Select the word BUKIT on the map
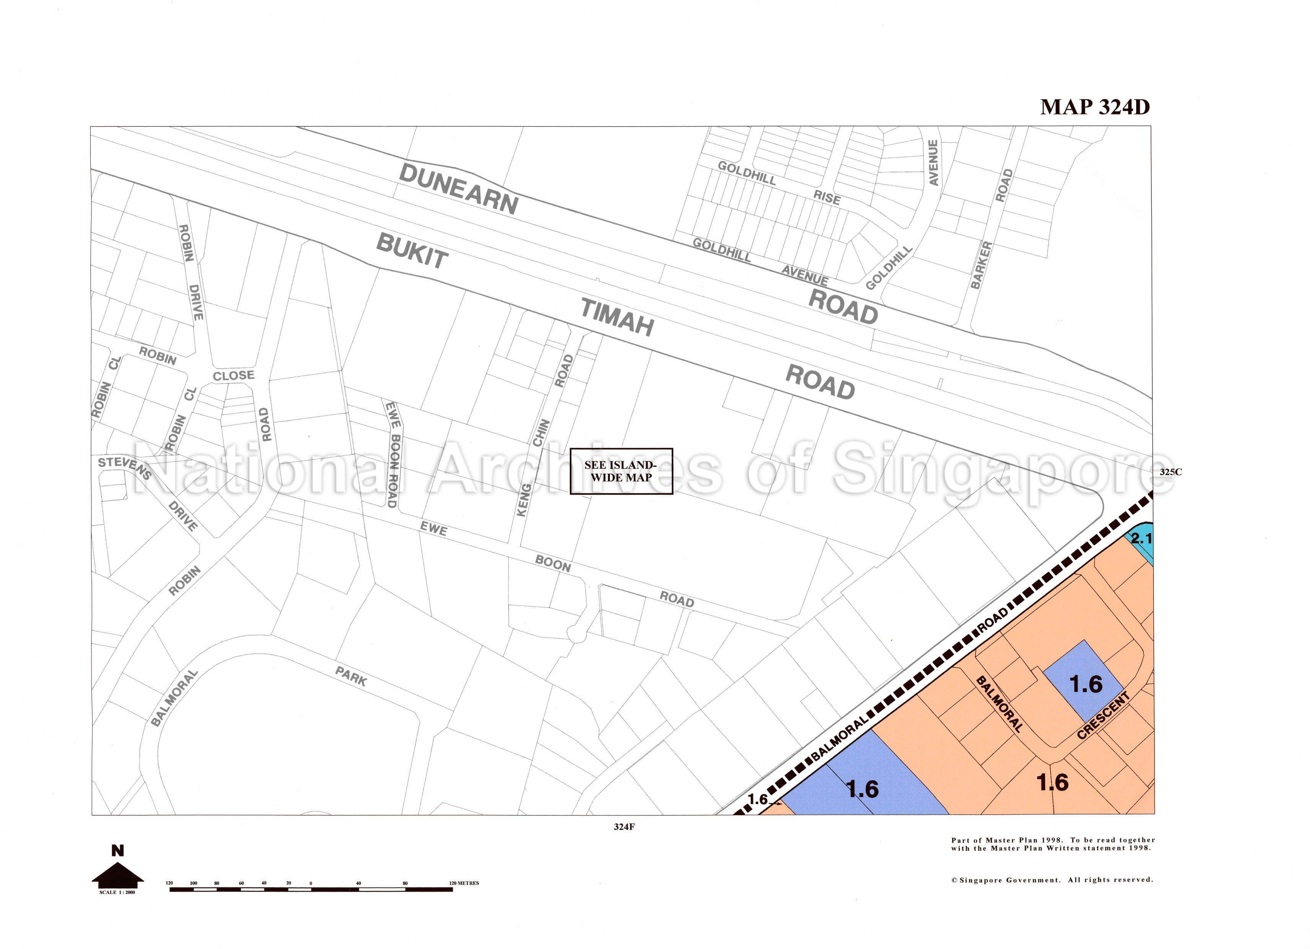pos(412,251)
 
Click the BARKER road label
pos(981,265)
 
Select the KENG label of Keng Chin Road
pos(523,500)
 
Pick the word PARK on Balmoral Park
pos(351,676)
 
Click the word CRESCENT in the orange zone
pos(1103,715)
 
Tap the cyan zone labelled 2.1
pos(1141,540)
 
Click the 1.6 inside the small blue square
pos(1086,684)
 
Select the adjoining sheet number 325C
pos(1170,471)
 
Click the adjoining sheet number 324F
pos(624,827)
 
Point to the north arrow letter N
pos(117,850)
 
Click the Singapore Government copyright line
pos(1052,880)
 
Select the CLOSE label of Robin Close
pos(233,376)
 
